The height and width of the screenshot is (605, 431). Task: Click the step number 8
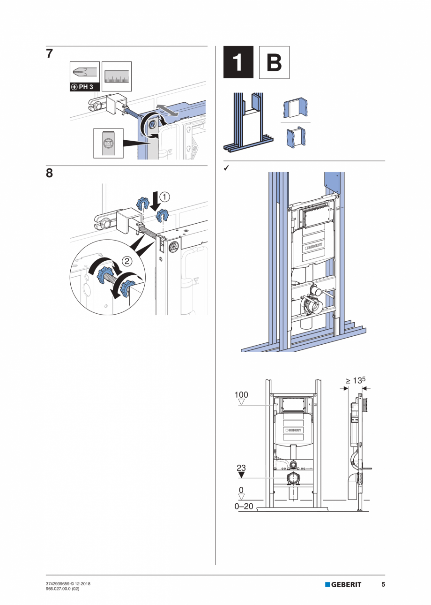(49, 174)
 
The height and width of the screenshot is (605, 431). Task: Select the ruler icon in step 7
(117, 76)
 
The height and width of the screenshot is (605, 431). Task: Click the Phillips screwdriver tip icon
(85, 73)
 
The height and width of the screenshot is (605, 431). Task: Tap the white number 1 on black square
(238, 62)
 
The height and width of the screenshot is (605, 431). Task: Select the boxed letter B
(274, 62)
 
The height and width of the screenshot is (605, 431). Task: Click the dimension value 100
(241, 395)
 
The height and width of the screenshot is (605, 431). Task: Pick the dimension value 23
(241, 468)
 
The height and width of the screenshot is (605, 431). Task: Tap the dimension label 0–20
(244, 507)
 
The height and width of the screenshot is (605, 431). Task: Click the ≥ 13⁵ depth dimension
(355, 381)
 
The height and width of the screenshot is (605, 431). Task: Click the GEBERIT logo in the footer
(343, 584)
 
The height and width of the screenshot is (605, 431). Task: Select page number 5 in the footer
(383, 584)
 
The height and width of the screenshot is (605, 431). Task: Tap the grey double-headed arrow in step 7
(167, 110)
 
